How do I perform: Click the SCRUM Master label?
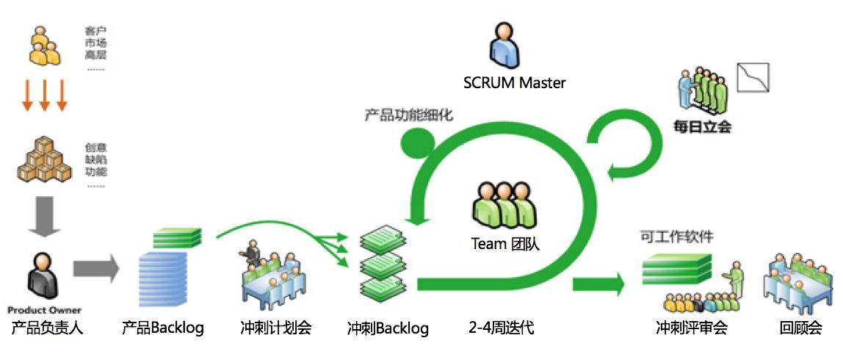pos(514,83)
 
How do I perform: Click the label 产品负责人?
pos(47,328)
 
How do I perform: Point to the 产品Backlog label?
pos(163,328)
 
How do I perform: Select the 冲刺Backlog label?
pos(388,328)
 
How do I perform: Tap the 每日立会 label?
pos(703,126)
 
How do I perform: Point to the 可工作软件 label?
pos(676,237)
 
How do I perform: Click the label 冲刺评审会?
pos(691,328)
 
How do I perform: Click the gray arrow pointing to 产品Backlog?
pos(96,268)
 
